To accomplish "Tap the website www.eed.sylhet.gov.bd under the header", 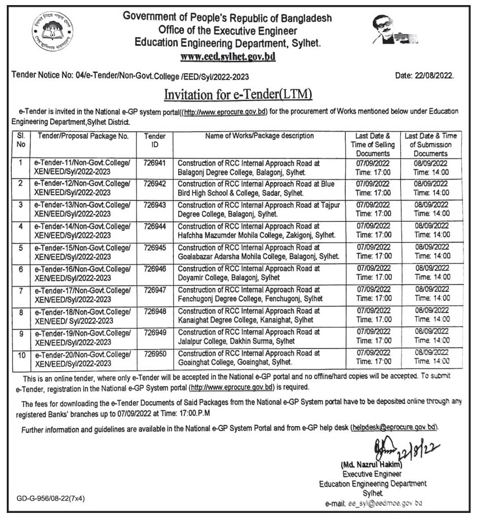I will pyautogui.click(x=227, y=57).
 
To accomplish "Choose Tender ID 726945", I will pyautogui.click(x=154, y=247).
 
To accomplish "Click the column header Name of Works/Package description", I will pyautogui.click(x=259, y=136).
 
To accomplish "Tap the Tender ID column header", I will pyautogui.click(x=154, y=140).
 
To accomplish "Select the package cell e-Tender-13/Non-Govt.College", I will pyautogui.click(x=82, y=209).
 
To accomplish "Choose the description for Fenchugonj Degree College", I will pyautogui.click(x=250, y=294).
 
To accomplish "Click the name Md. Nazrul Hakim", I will pyautogui.click(x=370, y=465).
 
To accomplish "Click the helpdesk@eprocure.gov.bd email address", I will pyautogui.click(x=394, y=428).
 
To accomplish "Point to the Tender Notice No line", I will pyautogui.click(x=130, y=77).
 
